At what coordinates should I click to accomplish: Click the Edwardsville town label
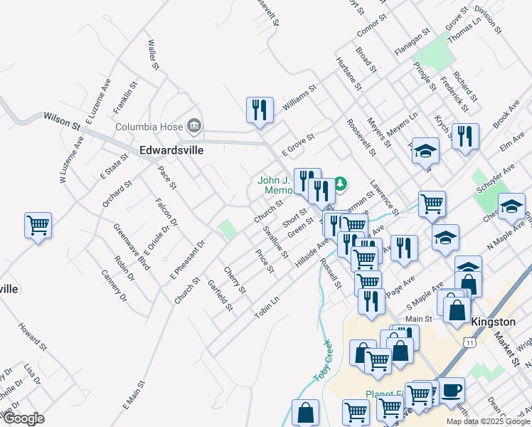click(171, 150)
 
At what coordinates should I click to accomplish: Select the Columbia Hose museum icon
click(193, 127)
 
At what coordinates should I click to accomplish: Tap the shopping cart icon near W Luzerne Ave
click(38, 226)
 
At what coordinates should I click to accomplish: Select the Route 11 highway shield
click(469, 343)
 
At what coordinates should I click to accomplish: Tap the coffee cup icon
click(452, 390)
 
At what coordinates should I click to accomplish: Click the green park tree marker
click(341, 185)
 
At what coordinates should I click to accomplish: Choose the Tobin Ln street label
click(267, 307)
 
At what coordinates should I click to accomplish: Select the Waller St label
click(151, 55)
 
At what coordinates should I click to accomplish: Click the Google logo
click(23, 418)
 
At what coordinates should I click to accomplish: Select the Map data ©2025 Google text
click(487, 421)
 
